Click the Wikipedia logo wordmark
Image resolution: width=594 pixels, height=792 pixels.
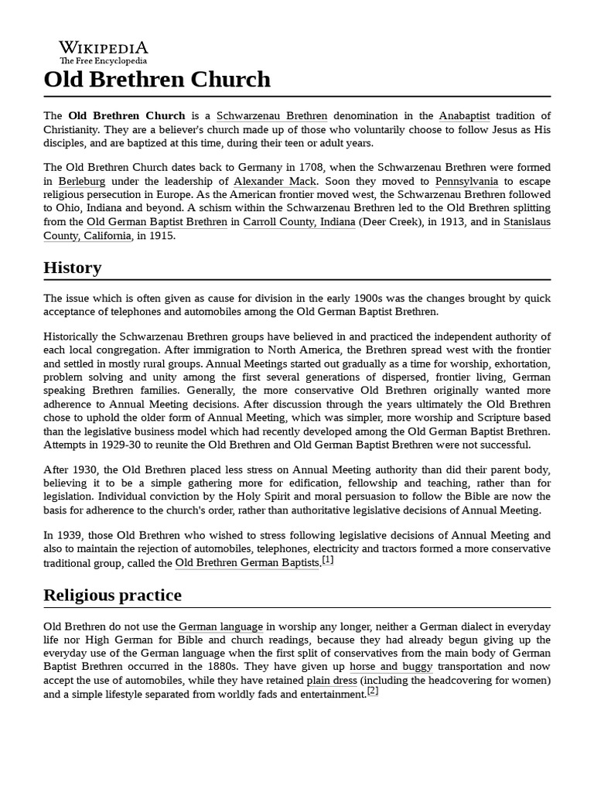coord(104,47)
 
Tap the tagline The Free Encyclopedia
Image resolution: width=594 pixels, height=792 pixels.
coord(104,60)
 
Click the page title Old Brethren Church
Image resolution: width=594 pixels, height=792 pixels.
coord(158,80)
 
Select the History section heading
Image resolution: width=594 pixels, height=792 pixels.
coord(73,268)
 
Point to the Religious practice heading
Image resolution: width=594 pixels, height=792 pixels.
coord(113,595)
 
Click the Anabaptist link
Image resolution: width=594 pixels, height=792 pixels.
coord(464,116)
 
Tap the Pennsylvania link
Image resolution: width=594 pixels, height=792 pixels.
coord(466,181)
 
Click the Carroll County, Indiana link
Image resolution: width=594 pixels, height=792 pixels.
coord(299,222)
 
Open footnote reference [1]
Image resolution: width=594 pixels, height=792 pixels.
coord(328,560)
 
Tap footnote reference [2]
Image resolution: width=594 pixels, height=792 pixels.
coord(373,691)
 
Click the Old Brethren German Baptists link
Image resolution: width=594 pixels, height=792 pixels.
coord(247,563)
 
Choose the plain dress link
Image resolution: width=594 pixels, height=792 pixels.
coord(332,681)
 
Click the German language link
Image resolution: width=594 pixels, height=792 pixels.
coord(220,626)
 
